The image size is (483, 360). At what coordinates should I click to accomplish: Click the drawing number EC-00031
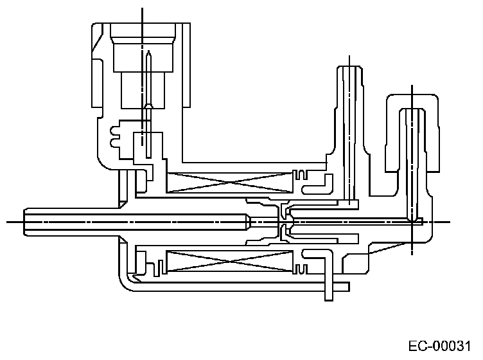[443, 345]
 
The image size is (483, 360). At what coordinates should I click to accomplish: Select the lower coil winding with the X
[229, 262]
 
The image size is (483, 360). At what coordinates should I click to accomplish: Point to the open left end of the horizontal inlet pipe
[24, 222]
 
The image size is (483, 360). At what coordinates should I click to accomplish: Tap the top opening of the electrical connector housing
[143, 26]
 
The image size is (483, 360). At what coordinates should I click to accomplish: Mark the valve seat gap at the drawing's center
[283, 222]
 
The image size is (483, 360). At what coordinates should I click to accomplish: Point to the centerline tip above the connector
[142, 8]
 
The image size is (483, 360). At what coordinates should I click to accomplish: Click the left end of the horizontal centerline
[6, 222]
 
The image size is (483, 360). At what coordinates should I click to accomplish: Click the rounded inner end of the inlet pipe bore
[248, 222]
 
